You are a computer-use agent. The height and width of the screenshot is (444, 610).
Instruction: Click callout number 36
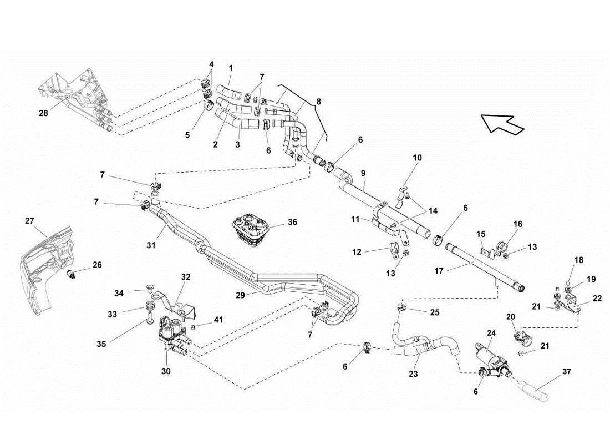pos(292,222)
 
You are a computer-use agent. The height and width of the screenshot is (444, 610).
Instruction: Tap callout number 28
pos(43,113)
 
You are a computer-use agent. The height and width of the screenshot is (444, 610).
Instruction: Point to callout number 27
pos(30,221)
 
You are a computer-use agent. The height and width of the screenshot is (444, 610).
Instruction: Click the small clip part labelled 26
pos(72,274)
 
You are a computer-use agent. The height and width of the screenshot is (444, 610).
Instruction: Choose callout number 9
pos(363,174)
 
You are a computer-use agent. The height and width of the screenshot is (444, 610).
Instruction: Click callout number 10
pos(417,158)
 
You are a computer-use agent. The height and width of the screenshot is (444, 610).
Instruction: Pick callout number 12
pos(357,251)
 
